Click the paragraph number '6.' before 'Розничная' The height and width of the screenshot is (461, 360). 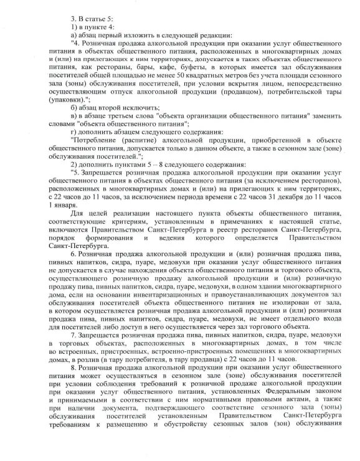(x=73, y=254)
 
